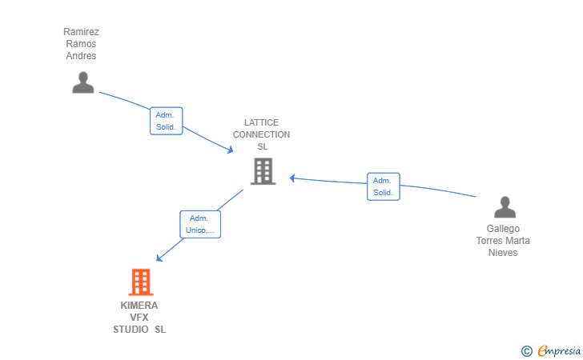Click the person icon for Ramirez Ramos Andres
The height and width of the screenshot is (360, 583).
(x=83, y=82)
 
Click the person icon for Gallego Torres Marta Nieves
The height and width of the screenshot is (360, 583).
(x=505, y=207)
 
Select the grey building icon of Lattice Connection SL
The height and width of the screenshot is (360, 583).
(x=263, y=171)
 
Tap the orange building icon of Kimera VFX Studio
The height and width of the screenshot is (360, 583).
(x=140, y=282)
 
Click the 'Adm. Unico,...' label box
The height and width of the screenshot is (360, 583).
(x=200, y=224)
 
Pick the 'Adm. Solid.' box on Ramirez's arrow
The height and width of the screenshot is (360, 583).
(x=167, y=121)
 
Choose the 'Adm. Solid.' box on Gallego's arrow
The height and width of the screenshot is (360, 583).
(x=383, y=186)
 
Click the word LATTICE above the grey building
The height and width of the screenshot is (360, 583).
(x=262, y=123)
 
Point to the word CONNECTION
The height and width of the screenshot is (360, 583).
(x=262, y=134)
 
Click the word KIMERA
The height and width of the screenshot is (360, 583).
(x=139, y=306)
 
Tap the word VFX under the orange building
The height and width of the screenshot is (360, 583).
(x=139, y=318)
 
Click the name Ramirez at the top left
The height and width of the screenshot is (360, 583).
(x=81, y=32)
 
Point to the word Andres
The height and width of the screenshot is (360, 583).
(x=81, y=56)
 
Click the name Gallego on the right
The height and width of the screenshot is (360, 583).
(x=503, y=229)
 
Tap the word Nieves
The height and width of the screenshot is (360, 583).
(x=503, y=253)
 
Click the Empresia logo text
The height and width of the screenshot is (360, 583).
(x=559, y=350)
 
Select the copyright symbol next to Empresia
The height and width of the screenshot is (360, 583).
(x=526, y=350)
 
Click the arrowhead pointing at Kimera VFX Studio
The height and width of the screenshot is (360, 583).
(x=159, y=258)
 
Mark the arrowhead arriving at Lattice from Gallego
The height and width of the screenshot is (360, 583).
(x=292, y=178)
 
